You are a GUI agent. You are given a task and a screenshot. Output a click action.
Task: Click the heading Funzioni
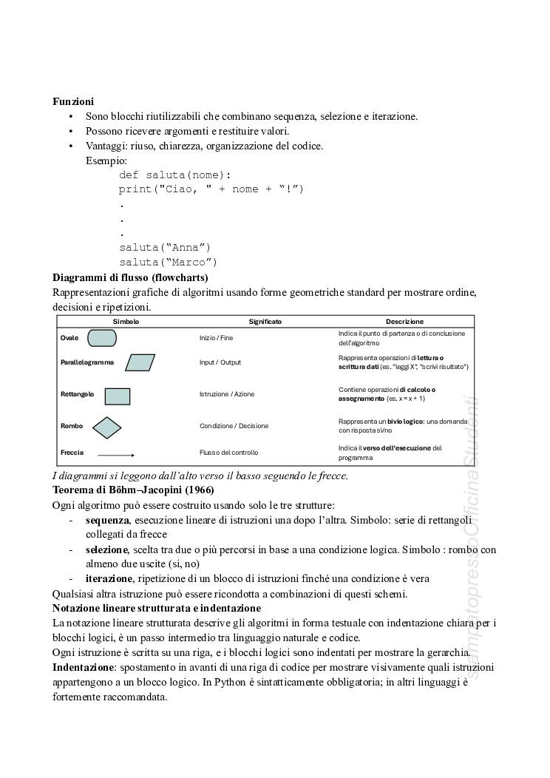coord(72,101)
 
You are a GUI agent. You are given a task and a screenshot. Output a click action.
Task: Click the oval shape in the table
coord(102,338)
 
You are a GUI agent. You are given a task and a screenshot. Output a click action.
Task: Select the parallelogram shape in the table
coord(140,362)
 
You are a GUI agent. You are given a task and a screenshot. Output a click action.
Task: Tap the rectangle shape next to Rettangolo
coord(118,396)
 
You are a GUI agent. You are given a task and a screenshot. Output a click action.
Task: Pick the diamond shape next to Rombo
coord(107,427)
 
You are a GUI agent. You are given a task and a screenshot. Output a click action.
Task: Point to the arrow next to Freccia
coord(116,454)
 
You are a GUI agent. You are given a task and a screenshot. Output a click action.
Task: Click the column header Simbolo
coord(126,322)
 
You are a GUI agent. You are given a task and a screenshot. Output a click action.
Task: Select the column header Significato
coord(265,322)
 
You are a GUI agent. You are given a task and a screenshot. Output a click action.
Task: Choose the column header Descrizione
coord(404,322)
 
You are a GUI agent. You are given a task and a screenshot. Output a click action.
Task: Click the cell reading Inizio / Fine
coord(216,338)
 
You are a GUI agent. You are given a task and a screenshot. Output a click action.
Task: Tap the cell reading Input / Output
coord(220,362)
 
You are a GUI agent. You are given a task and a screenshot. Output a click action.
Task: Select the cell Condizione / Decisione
coord(234,426)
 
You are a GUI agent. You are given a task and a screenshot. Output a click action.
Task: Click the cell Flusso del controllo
coord(228,453)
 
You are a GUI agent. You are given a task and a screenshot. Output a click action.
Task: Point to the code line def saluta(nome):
coord(175,175)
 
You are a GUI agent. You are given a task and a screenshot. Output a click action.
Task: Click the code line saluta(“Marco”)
coord(169,262)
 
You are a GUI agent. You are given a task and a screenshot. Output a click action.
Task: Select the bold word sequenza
coord(107,520)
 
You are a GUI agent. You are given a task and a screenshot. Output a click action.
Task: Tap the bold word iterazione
coord(109,578)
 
